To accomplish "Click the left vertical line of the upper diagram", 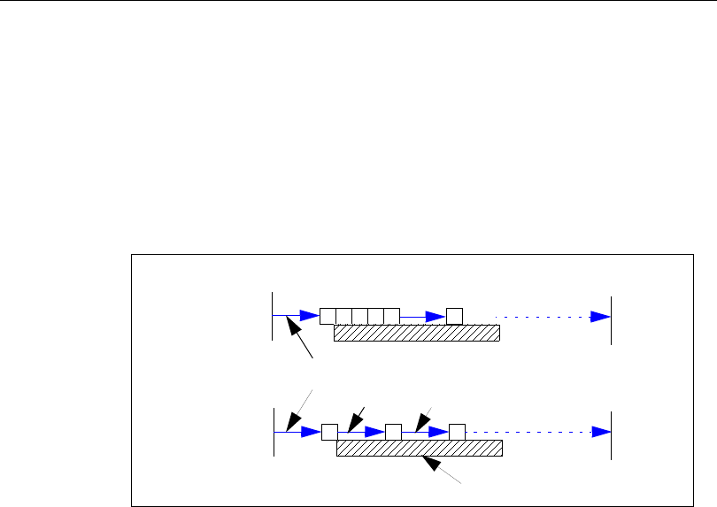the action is pyautogui.click(x=272, y=315).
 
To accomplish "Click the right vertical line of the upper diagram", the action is pyautogui.click(x=611, y=315).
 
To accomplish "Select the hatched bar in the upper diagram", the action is pyautogui.click(x=417, y=332).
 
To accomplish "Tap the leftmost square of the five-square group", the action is pyautogui.click(x=328, y=315).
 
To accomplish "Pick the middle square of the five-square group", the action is pyautogui.click(x=359, y=315).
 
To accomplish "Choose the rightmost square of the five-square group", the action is pyautogui.click(x=392, y=315).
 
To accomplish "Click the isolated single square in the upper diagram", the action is pyautogui.click(x=454, y=315).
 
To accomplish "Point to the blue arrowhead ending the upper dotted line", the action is pyautogui.click(x=601, y=316).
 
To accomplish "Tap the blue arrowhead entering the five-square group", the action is pyautogui.click(x=309, y=315).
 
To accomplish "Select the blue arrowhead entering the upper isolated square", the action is pyautogui.click(x=436, y=316).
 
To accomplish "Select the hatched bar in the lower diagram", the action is pyautogui.click(x=420, y=448).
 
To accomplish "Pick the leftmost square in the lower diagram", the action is pyautogui.click(x=329, y=432).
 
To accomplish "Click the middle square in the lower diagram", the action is pyautogui.click(x=394, y=432).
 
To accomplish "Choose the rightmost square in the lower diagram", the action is pyautogui.click(x=457, y=432).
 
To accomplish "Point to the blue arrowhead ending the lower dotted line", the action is pyautogui.click(x=601, y=432).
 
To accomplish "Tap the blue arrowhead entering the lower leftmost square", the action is pyautogui.click(x=310, y=432).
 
